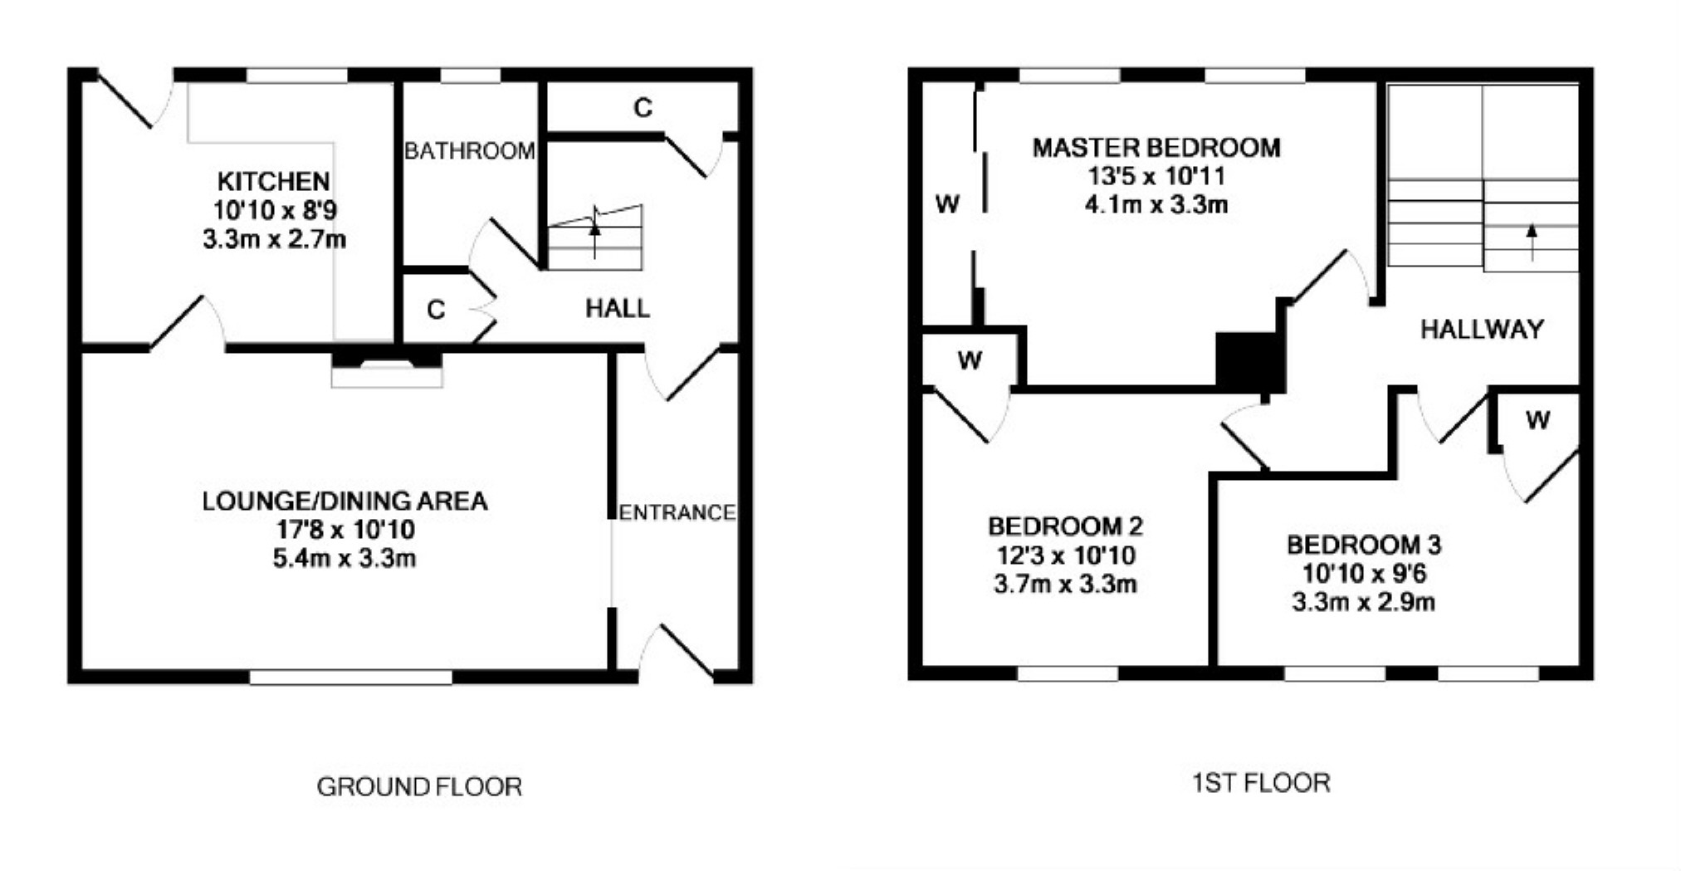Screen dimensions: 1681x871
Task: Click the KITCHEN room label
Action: (273, 181)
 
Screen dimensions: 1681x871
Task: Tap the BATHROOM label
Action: (469, 151)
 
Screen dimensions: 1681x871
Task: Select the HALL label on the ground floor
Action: (617, 309)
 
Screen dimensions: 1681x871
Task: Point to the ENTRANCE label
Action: (677, 512)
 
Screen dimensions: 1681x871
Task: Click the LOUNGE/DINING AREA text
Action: (345, 502)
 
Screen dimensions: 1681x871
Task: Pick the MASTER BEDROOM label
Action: (1156, 148)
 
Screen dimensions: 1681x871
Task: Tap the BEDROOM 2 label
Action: (1065, 526)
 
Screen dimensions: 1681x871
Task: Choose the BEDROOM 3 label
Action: (1363, 545)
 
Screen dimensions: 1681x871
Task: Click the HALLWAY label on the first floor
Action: (1482, 330)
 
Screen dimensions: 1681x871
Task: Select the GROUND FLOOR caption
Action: (419, 786)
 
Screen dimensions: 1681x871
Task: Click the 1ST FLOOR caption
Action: (1260, 782)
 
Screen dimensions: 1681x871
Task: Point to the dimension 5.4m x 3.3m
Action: (345, 558)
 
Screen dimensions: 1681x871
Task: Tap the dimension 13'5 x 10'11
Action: (1156, 176)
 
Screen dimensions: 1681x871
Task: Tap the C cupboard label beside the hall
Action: (436, 310)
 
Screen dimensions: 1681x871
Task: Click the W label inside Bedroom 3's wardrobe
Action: (1537, 420)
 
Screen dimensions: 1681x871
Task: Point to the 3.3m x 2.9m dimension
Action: (1363, 602)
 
